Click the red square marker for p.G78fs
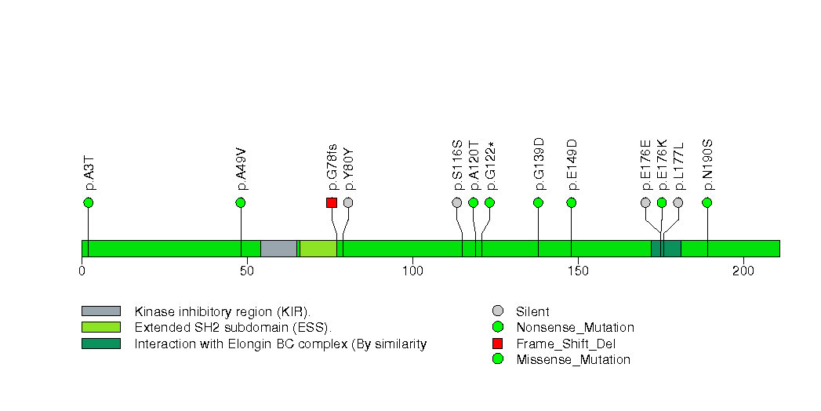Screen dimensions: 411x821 [332, 202]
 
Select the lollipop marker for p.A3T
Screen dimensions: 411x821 [88, 202]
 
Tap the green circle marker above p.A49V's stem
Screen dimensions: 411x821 [241, 202]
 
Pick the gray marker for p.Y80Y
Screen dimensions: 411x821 [348, 202]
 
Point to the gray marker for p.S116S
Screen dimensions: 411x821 [457, 202]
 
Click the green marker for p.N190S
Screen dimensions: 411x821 [707, 202]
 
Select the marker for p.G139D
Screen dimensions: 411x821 [538, 202]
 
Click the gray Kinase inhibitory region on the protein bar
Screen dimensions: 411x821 [278, 249]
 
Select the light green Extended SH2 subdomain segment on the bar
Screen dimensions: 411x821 [318, 249]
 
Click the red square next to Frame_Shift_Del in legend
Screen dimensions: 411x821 [497, 344]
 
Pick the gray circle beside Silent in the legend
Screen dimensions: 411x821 [497, 311]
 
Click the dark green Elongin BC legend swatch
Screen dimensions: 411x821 [100, 344]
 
